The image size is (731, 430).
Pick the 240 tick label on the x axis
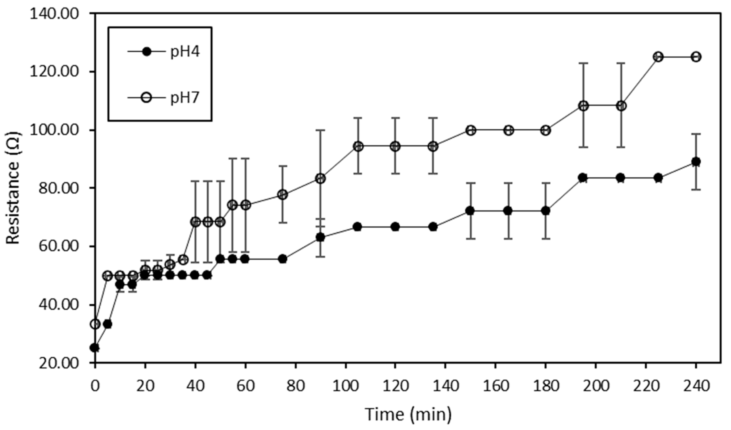pos(696,386)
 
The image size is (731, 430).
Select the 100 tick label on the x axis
pos(346,386)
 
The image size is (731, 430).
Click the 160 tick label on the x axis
pos(496,386)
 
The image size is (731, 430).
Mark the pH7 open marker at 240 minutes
pos(696,57)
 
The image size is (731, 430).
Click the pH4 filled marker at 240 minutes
pos(696,162)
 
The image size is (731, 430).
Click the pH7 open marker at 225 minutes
pos(658,57)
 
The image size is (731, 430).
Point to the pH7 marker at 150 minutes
pos(471,130)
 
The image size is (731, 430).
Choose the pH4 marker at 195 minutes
pos(583,178)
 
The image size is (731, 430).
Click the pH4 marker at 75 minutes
pos(283,259)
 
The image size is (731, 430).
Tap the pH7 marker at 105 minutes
pos(358,147)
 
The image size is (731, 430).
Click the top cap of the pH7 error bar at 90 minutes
pos(320,130)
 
